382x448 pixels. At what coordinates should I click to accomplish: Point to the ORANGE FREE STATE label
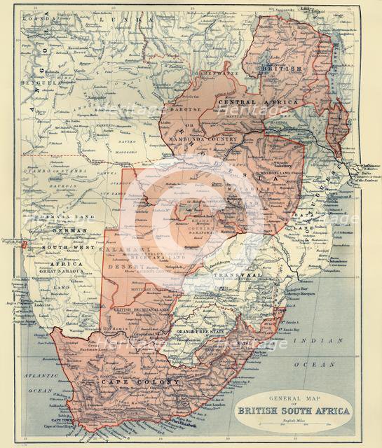click(200, 330)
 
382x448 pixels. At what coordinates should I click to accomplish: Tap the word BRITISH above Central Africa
click(280, 69)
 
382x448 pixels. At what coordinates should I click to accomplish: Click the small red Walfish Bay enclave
click(25, 245)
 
